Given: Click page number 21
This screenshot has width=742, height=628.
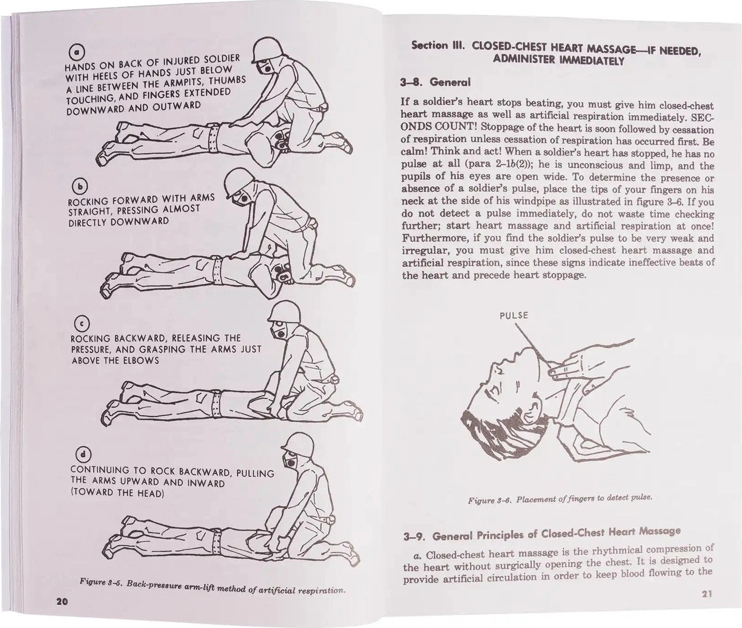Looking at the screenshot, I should [707, 594].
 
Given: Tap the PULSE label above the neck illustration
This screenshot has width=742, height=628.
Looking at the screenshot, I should [514, 315].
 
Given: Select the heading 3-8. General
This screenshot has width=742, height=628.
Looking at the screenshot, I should [435, 82].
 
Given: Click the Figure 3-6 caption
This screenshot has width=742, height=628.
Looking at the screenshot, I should [560, 499].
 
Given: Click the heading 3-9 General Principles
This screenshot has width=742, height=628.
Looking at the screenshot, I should [542, 533].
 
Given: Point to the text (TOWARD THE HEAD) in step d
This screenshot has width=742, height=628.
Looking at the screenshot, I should [117, 493].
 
